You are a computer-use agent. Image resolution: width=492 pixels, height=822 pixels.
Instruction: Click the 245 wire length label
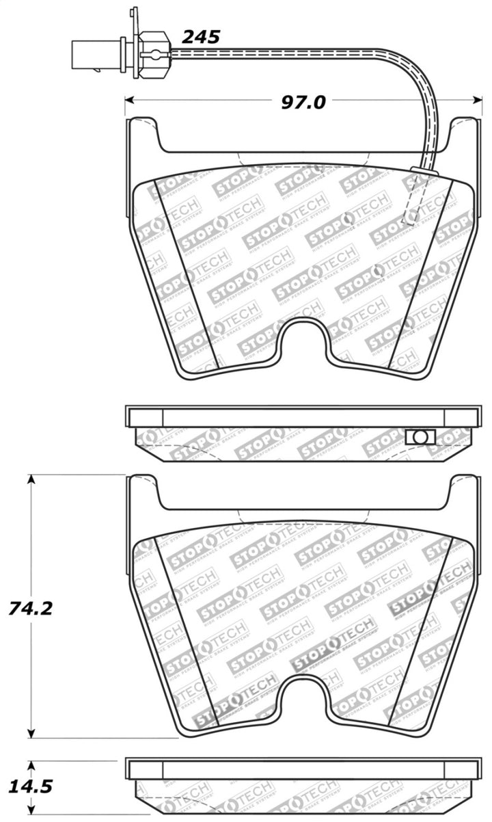202,37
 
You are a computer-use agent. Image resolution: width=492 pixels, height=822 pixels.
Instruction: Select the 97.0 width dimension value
303,102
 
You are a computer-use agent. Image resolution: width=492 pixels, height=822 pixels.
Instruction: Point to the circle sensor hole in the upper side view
420,436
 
